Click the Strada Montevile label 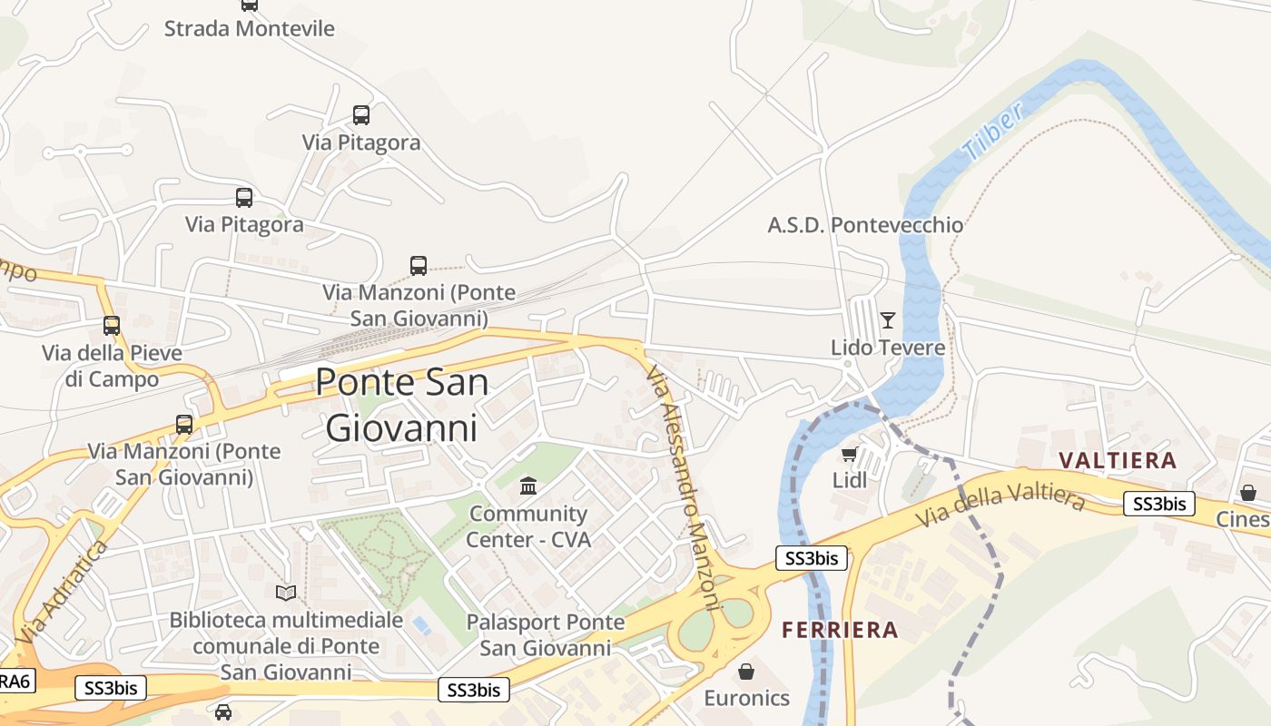[249, 28]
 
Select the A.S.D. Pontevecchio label [865, 225]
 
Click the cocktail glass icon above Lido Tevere [887, 319]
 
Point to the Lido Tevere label [888, 348]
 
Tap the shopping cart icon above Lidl [849, 454]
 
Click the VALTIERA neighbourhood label [1118, 460]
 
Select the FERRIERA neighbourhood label [840, 630]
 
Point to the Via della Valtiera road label [1000, 508]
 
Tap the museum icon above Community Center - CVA [528, 486]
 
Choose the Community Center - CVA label [528, 527]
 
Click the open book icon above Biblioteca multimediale [286, 593]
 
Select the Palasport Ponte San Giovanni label [546, 635]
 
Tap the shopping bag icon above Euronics [746, 672]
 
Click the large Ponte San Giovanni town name [401, 405]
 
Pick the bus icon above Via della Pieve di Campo [112, 325]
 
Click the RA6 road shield [15, 681]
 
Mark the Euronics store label [747, 698]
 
